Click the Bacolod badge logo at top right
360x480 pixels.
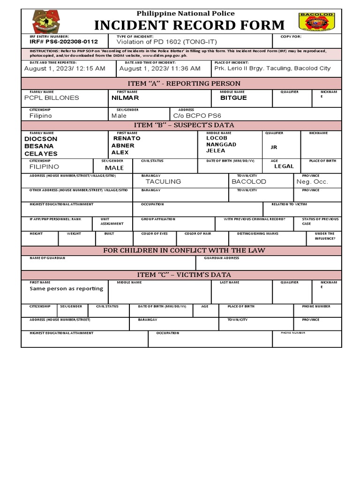coord(317,22)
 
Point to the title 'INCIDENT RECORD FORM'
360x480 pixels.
coord(189,25)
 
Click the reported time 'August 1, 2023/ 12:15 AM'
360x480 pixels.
coord(65,68)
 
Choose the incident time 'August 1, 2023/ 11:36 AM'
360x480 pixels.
coord(160,68)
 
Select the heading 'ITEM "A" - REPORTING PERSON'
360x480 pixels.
coord(181,83)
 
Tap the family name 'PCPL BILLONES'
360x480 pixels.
coord(52,98)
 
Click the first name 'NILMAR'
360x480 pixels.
coord(126,98)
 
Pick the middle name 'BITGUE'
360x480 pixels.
coord(233,98)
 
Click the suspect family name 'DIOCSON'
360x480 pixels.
coord(41,139)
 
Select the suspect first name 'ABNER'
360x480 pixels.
coord(123,146)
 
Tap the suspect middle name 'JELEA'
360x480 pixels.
coord(216,151)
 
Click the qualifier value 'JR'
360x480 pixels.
coord(274,147)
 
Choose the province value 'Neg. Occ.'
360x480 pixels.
coord(312,181)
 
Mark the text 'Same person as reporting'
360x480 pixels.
coord(66,289)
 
